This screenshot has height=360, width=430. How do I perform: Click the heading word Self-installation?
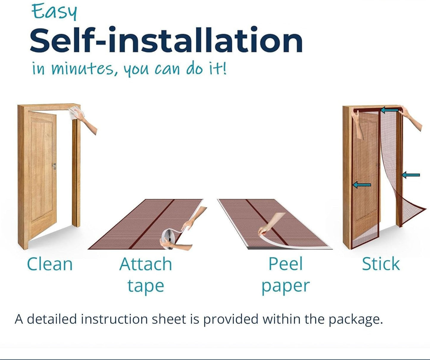[166, 40]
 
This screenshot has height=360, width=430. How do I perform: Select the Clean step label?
[50, 264]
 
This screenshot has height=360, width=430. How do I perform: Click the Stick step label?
[381, 264]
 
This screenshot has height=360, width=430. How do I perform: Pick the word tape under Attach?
[146, 286]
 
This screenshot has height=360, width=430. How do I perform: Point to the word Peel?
[285, 264]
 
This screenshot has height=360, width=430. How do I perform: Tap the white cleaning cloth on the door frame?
[76, 113]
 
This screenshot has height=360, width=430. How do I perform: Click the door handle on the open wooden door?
[54, 166]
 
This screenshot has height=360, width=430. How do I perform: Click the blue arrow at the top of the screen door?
[390, 110]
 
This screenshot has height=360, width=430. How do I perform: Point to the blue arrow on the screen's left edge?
[362, 185]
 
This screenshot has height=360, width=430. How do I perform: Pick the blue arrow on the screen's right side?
[410, 175]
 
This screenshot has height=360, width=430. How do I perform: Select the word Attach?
[146, 264]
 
